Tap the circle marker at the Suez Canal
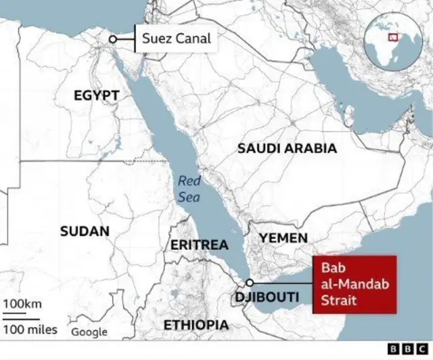click(x=113, y=39)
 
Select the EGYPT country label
click(x=97, y=95)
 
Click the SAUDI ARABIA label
click(x=287, y=148)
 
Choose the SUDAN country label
click(x=85, y=231)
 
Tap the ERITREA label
click(x=199, y=244)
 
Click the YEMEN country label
click(x=283, y=238)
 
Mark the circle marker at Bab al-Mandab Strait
click(x=250, y=282)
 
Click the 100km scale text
click(x=22, y=304)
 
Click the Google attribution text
click(x=89, y=332)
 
